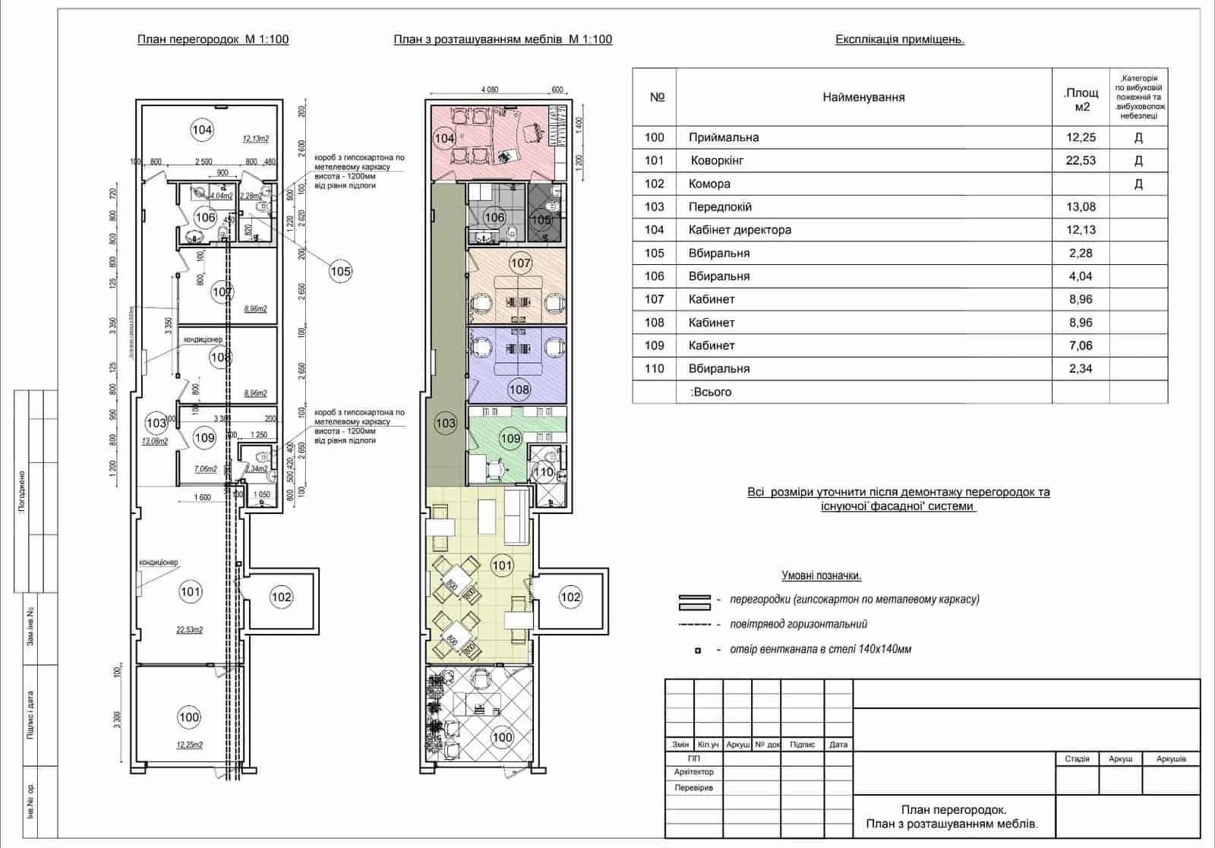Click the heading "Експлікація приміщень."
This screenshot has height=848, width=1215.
899,39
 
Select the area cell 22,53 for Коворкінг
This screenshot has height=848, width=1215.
1080,160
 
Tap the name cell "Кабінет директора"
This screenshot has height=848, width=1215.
740,230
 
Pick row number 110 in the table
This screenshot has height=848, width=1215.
654,369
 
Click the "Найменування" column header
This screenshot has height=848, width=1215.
863,97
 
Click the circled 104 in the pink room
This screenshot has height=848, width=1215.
444,138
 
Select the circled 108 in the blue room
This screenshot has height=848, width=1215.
519,389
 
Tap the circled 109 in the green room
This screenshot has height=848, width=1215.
510,438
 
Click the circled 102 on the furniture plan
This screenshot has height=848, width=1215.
570,597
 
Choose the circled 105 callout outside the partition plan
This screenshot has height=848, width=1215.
340,271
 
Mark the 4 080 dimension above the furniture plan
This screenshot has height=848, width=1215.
490,90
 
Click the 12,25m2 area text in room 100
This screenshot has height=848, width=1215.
190,745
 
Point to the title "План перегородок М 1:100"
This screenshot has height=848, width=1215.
213,39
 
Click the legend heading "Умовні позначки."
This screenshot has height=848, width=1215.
821,576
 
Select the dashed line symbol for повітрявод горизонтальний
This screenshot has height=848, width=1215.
695,625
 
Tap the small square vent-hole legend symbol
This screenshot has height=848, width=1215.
697,651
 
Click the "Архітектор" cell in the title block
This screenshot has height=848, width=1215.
693,772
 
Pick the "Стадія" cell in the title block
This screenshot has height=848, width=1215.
1077,759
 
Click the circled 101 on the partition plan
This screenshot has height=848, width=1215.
190,591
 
